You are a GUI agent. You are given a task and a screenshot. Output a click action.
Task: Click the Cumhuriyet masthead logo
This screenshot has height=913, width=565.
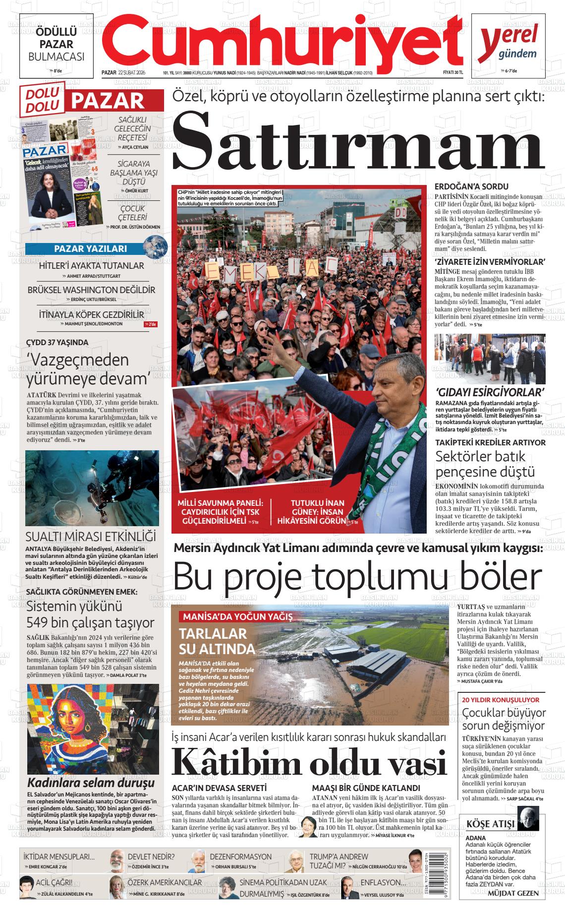coord(285,40)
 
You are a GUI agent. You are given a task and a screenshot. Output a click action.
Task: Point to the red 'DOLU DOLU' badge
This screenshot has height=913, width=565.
coord(42,99)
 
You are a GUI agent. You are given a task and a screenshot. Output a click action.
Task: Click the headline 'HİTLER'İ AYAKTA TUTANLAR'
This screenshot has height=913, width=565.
coord(91,266)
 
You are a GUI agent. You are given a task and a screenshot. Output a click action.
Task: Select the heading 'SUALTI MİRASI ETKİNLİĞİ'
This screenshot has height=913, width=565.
coord(91,537)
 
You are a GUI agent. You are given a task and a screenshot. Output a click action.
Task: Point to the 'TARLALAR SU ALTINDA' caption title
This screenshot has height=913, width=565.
coord(217,641)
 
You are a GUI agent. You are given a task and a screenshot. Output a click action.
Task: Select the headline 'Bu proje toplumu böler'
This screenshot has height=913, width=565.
coord(357,576)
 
